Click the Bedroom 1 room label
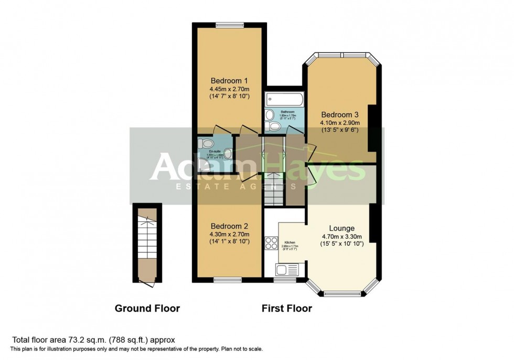229,81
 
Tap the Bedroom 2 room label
229,226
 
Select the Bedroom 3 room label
340,114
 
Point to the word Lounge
342,228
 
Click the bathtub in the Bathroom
282,99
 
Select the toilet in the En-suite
206,143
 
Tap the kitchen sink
286,270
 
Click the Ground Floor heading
147,309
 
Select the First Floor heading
287,309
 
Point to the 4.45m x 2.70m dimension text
229,89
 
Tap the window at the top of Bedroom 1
229,24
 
